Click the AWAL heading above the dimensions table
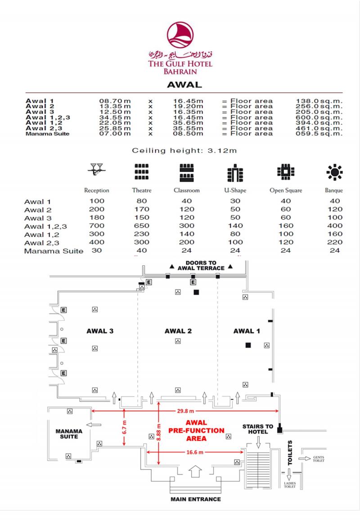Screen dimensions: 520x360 184,85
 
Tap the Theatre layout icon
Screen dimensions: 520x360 141,171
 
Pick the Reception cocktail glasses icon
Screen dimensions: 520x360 96,170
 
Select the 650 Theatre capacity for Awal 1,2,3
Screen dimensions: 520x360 142,226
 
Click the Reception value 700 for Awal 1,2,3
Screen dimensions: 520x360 97,226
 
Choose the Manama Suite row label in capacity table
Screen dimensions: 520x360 54,251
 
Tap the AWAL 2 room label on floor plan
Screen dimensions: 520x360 178,331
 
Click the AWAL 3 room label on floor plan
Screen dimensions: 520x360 100,331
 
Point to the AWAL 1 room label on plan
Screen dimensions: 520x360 247,331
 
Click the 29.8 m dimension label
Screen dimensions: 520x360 185,411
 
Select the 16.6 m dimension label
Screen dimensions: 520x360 195,452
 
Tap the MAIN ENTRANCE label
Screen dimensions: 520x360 195,499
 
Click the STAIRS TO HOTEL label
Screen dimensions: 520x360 258,429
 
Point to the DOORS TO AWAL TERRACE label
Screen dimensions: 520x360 201,265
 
